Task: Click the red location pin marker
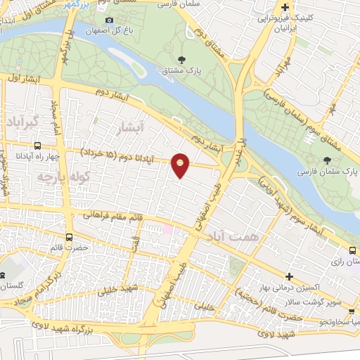[x=181, y=165]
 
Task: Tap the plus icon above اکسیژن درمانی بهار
[x=289, y=276]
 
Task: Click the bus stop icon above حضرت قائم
[x=69, y=237]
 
